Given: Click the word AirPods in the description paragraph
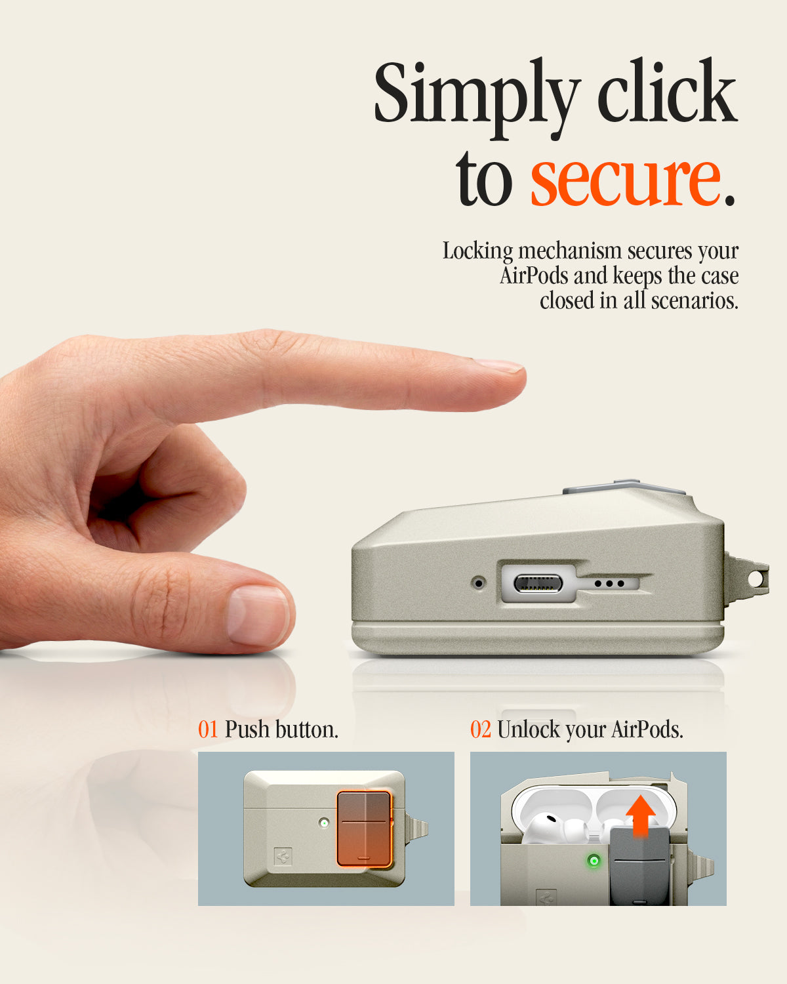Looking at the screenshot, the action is coord(534,276).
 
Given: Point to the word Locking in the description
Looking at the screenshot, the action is coord(477,251).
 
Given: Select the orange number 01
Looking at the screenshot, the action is coord(208,729).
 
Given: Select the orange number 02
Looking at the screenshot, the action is coord(480,729).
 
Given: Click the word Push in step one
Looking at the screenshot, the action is coord(247,729).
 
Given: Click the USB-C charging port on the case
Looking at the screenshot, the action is coord(538,584).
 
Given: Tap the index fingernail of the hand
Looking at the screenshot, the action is coord(498,365).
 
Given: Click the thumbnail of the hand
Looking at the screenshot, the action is coord(258,616).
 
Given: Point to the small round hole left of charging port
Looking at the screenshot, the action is coord(479,583).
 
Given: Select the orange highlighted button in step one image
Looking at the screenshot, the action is coord(365,829).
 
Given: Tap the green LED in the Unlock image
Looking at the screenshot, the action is coord(594,861).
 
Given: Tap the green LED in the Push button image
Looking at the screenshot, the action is coord(324,823).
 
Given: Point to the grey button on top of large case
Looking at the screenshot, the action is coord(624,487).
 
